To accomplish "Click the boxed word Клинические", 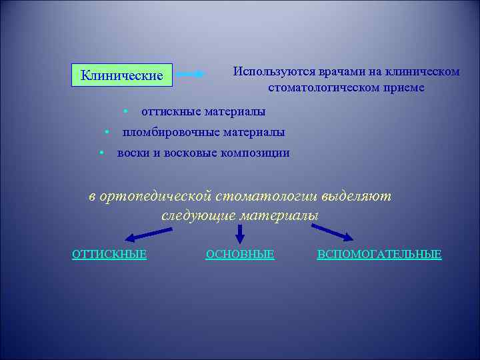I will [122, 75].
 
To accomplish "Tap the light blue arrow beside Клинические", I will [191, 75].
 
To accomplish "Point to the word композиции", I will [256, 153].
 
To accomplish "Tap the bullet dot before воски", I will [100, 152].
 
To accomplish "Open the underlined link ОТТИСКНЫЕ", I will [109, 254].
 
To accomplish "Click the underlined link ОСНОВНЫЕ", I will [240, 254].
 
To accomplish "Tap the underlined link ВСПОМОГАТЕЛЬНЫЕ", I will [379, 254].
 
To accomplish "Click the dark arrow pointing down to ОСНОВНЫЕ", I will [240, 233].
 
